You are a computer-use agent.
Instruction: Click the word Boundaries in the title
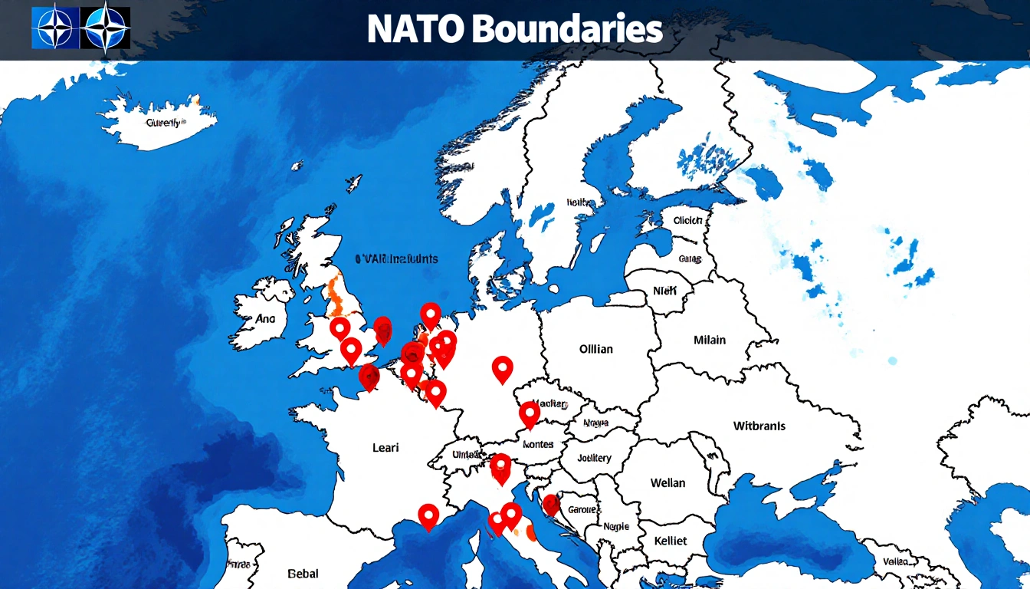[x=566, y=29]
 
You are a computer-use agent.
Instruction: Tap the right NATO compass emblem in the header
[x=105, y=28]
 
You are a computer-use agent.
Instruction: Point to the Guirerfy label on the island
[x=162, y=122]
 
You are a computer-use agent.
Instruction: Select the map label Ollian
[x=595, y=349]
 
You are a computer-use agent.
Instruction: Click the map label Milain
[x=710, y=340]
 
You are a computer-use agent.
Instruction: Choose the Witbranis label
[x=759, y=426]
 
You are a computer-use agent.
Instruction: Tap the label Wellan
[x=668, y=483]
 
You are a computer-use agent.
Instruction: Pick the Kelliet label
[x=670, y=541]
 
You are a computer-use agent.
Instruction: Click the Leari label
[x=385, y=447]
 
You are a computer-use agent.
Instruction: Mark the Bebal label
[x=303, y=573]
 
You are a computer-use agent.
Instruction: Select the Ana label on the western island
[x=265, y=318]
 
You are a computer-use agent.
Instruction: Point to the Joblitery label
[x=594, y=458]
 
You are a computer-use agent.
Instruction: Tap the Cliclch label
[x=687, y=220]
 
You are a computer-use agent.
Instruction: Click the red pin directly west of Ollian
[x=502, y=369]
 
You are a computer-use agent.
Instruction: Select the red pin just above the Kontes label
[x=530, y=414]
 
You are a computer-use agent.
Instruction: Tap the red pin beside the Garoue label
[x=551, y=505]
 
